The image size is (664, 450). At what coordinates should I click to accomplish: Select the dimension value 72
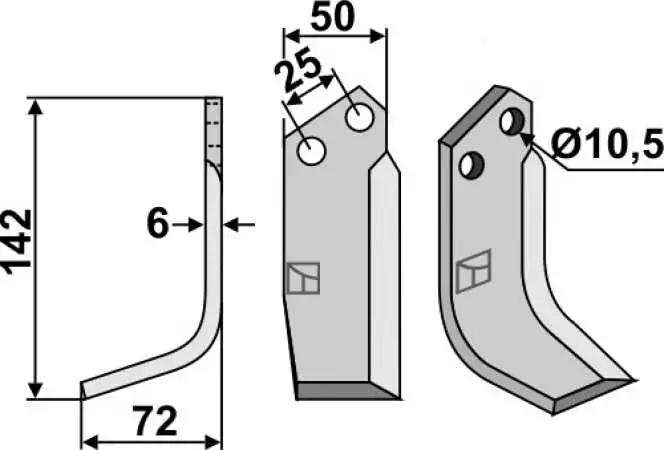click(155, 421)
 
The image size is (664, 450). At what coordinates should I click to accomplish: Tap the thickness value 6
click(158, 224)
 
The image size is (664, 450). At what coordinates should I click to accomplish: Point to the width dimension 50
click(332, 17)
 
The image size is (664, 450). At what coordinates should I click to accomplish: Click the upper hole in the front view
click(360, 117)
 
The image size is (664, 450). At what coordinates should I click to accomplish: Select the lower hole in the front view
click(311, 151)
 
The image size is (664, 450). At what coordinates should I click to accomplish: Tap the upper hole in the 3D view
click(512, 121)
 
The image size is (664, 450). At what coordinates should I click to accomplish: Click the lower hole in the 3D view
click(471, 165)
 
